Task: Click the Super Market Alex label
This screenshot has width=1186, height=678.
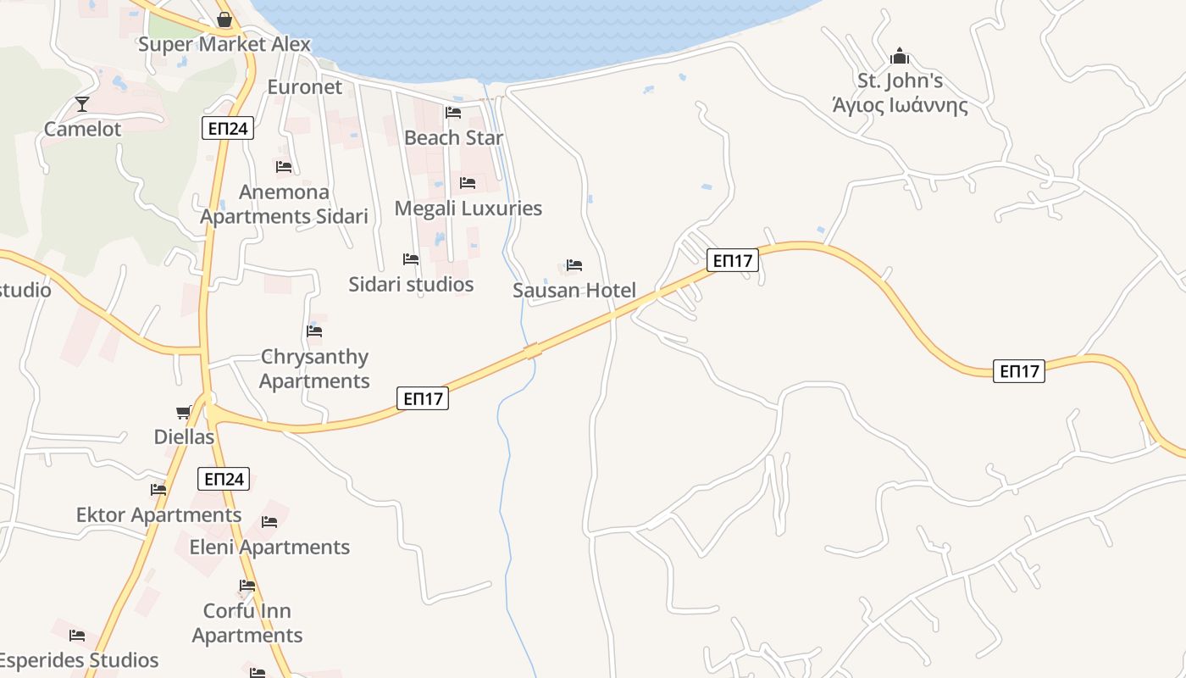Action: coord(224,44)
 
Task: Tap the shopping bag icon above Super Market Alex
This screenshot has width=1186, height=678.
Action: coord(224,19)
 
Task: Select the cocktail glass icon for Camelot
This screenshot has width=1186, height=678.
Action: coord(82,104)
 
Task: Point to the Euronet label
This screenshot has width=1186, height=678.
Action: coord(305,86)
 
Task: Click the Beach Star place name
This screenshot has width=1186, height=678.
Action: coord(453,137)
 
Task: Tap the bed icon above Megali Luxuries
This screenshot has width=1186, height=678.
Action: coord(468,183)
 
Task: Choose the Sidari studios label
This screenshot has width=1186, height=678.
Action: coord(411,284)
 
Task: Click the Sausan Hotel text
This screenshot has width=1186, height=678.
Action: coord(574,291)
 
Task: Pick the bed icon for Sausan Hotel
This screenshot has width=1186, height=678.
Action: coord(574,265)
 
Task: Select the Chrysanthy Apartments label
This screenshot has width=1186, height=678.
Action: coord(314,369)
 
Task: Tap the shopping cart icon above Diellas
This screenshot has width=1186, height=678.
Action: coord(184,413)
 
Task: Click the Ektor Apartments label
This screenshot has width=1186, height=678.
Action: coord(158,515)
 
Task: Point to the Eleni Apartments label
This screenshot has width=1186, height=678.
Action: coord(269,547)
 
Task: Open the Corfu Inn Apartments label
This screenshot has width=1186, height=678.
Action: coord(247,623)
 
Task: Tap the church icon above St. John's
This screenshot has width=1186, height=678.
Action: coord(900,57)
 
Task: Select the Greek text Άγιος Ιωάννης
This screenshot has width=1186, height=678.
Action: coord(900,106)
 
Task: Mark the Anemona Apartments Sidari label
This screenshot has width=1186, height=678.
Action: coord(285,204)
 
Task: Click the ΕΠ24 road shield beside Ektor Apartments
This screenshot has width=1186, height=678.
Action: coord(224,479)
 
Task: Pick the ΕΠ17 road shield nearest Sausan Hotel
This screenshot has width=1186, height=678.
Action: coord(733,261)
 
